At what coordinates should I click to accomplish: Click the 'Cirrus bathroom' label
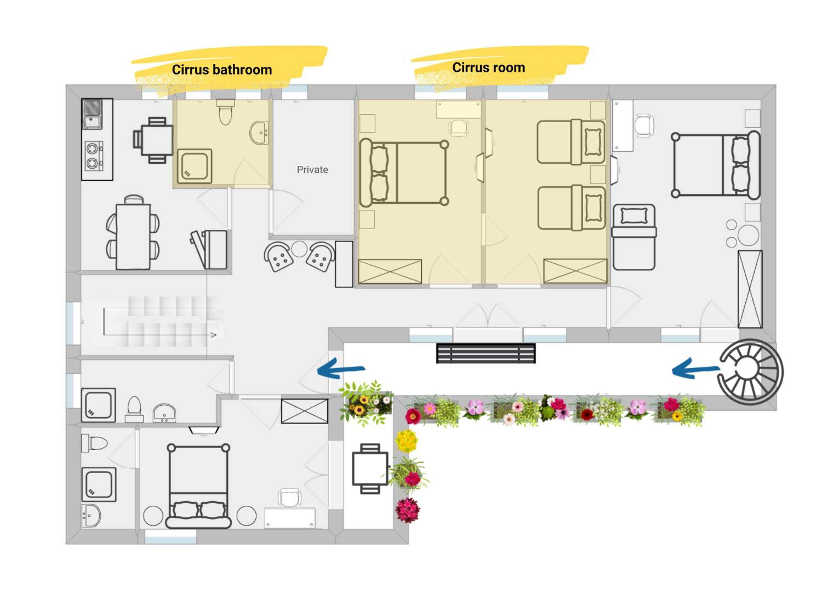pyautogui.click(x=222, y=70)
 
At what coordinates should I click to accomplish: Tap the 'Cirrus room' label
pyautogui.click(x=488, y=68)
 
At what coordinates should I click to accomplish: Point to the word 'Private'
pyautogui.click(x=312, y=170)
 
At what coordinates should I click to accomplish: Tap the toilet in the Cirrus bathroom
pyautogui.click(x=225, y=111)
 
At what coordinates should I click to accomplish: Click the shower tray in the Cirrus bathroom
pyautogui.click(x=194, y=166)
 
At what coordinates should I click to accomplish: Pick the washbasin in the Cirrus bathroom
pyautogui.click(x=259, y=133)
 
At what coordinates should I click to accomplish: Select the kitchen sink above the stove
pyautogui.click(x=92, y=114)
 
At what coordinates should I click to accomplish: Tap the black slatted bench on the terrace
pyautogui.click(x=486, y=353)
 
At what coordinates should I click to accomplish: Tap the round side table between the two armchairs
pyautogui.click(x=299, y=249)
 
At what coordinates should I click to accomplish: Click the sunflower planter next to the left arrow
pyautogui.click(x=366, y=403)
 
